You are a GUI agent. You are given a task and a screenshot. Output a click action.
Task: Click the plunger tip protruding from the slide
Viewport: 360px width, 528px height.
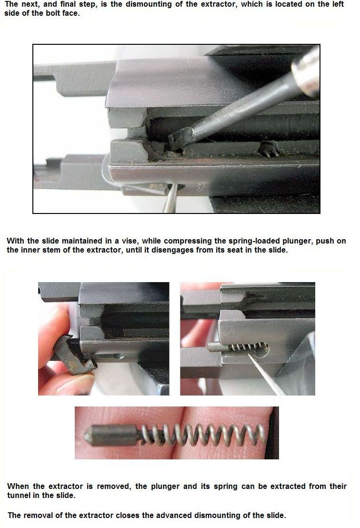215,347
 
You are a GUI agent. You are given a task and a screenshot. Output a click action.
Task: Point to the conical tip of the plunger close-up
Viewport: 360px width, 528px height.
89,436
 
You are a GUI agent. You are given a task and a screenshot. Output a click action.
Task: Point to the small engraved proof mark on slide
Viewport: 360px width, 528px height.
201,186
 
